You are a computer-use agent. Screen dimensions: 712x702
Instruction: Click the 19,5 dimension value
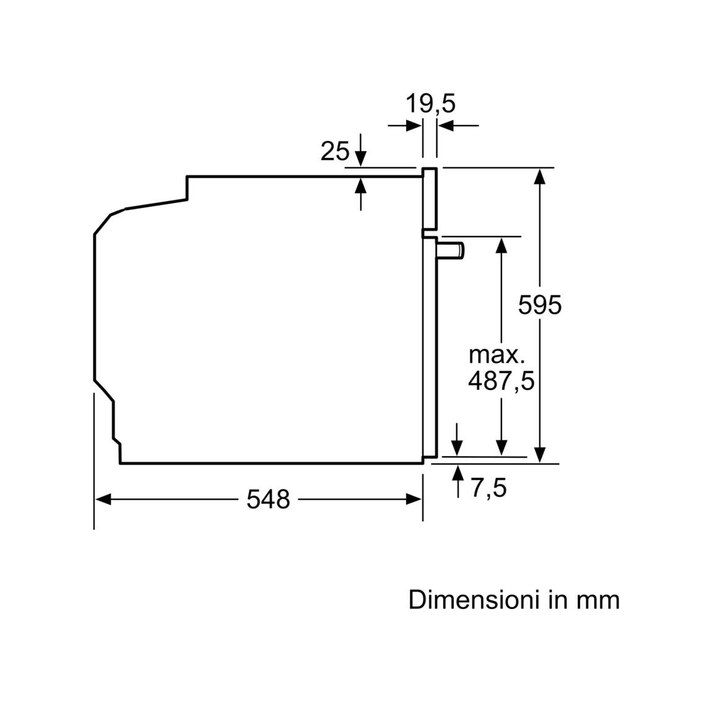coord(430,103)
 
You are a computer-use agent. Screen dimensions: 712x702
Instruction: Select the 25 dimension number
coord(335,151)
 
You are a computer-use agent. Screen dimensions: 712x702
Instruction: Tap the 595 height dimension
coord(540,305)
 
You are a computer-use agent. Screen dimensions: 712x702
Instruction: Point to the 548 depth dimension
coord(268,500)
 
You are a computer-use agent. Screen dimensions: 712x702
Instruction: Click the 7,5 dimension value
coord(488,488)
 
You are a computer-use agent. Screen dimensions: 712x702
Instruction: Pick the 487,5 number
coord(501,381)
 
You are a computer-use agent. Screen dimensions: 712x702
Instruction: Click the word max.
coord(497,355)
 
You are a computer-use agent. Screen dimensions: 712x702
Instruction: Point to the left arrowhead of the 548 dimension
coord(103,500)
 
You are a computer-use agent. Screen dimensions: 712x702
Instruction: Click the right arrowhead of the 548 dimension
coord(414,500)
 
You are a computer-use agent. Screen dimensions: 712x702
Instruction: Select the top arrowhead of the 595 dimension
coord(540,176)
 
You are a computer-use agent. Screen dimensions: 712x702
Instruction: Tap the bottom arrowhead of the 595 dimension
coord(540,455)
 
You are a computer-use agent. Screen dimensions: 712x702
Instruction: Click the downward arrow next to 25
coord(360,150)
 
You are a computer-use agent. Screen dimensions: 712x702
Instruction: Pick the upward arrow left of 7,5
coord(458,482)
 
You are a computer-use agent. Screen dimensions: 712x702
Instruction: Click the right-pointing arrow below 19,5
coord(405,125)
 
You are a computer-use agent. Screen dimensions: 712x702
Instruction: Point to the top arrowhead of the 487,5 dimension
coord(501,246)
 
